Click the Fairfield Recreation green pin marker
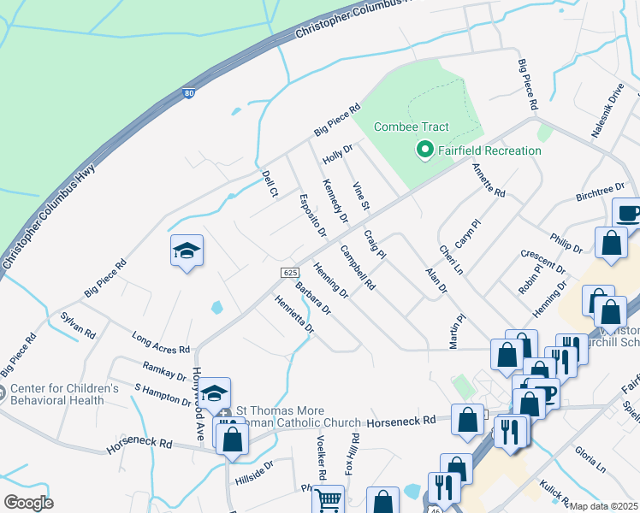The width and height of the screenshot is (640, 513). (424, 151)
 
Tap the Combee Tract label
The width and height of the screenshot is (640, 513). (412, 127)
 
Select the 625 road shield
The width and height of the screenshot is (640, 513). (289, 272)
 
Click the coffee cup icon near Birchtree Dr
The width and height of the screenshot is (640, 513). (629, 212)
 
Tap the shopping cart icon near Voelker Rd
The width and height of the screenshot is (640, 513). (329, 499)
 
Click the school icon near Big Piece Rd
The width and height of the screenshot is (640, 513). (187, 251)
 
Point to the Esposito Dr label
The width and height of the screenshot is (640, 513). (312, 215)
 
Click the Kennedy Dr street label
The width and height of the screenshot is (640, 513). (335, 201)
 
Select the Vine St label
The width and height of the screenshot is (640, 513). (361, 197)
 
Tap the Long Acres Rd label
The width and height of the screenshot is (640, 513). (161, 343)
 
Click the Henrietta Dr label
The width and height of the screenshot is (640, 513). (294, 314)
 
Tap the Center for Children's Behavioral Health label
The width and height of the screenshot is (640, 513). (65, 393)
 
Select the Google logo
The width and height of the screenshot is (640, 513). (29, 502)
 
